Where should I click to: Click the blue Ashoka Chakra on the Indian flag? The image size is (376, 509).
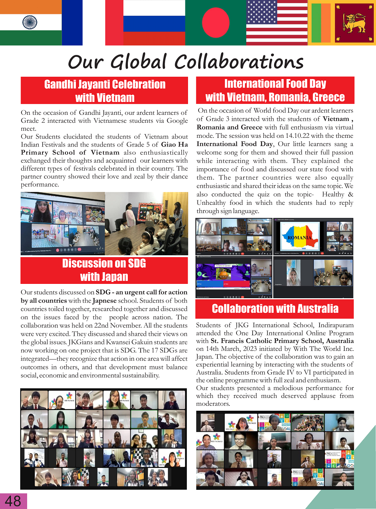[x=30, y=23]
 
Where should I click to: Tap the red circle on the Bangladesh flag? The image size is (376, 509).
[x=215, y=23]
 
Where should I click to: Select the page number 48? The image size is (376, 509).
[x=13, y=501]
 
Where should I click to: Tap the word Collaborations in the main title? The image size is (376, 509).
[x=239, y=62]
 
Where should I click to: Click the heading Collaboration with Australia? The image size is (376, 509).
[x=275, y=309]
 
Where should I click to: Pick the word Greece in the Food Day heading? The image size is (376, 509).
[x=328, y=98]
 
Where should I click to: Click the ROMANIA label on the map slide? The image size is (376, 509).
[x=299, y=238]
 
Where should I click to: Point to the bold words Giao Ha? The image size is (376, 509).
[x=174, y=145]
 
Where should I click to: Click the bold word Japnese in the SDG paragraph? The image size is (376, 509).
[x=105, y=300]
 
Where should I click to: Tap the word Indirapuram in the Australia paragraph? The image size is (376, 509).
[x=336, y=325]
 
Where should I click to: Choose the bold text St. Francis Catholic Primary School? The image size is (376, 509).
[x=267, y=341]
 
